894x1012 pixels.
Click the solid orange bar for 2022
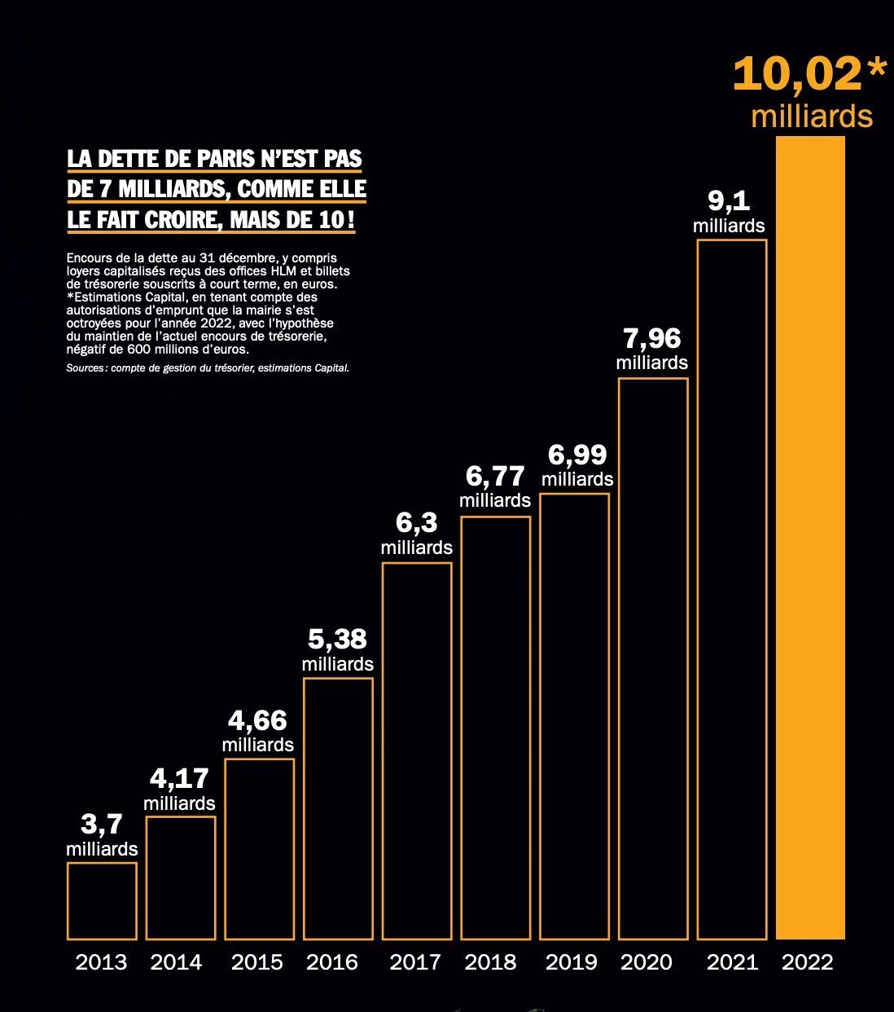810,538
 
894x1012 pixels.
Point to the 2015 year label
257,962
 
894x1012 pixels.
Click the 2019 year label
571,962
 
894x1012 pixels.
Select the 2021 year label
732,962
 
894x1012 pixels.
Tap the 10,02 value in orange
797,75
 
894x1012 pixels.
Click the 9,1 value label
729,200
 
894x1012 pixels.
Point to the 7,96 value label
652,339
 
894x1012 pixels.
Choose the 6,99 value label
577,455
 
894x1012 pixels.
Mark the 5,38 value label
337,640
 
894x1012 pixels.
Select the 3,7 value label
101,825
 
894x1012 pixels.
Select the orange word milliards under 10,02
812,117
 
